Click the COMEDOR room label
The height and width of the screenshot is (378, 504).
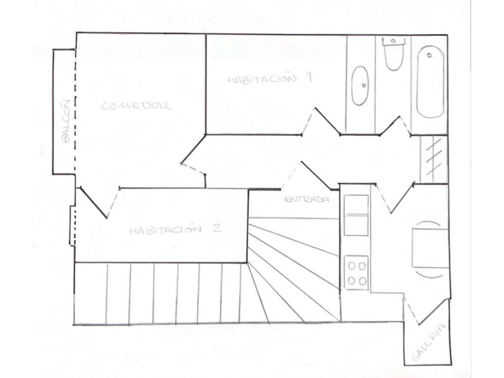tap(136, 106)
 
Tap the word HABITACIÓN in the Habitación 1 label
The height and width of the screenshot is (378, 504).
tap(262, 80)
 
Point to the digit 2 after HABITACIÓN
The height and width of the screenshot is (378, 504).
tap(217, 228)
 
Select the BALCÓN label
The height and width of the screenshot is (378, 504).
tap(65, 121)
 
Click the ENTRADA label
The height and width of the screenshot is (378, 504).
tap(306, 199)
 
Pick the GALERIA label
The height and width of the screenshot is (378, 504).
tap(429, 342)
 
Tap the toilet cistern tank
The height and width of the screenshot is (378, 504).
tap(394, 42)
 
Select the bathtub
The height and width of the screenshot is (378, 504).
tap(430, 82)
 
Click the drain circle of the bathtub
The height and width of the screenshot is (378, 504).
tap(429, 55)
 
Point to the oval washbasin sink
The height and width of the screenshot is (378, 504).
tap(360, 85)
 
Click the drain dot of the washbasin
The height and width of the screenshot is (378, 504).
tap(364, 85)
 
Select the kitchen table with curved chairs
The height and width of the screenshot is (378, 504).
tap(430, 250)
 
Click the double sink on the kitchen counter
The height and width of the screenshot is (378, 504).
tap(356, 215)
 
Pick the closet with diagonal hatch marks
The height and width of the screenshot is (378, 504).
tap(434, 159)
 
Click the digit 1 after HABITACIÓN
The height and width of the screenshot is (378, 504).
tap(309, 77)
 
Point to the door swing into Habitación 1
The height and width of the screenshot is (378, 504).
tap(321, 121)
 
